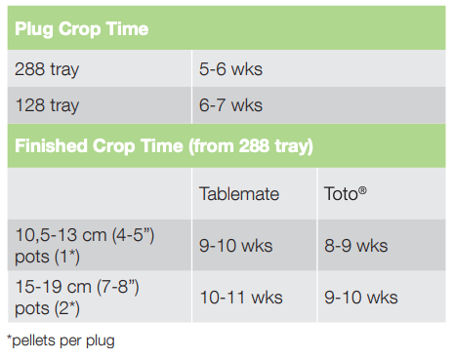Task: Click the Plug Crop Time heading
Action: (x=82, y=28)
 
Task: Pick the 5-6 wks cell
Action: (x=230, y=69)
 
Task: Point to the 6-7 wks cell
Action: (x=230, y=105)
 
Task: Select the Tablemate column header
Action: (x=239, y=193)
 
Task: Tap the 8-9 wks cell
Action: (x=355, y=245)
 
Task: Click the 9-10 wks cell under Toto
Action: (x=360, y=297)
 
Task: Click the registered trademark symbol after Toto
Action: (x=363, y=188)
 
